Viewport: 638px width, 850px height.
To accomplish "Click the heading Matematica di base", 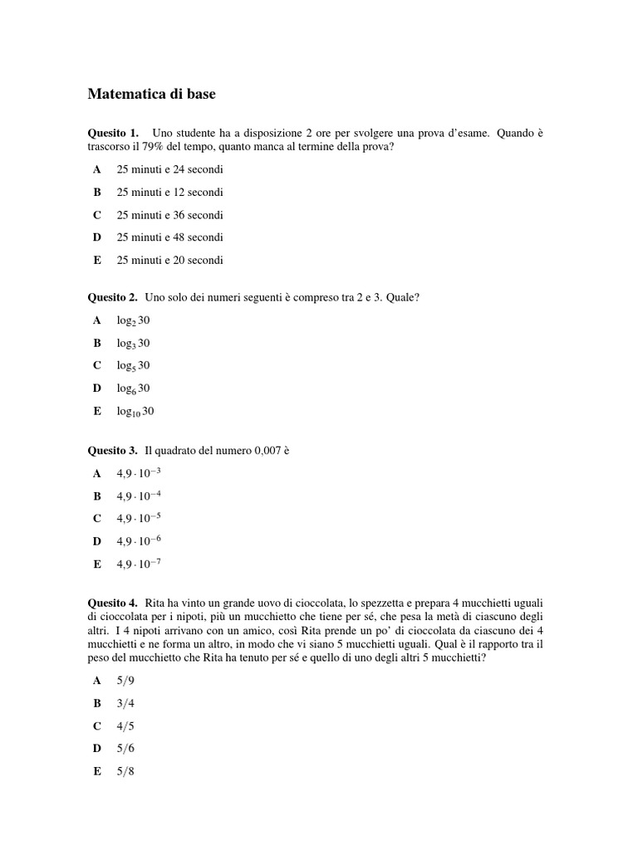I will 151,95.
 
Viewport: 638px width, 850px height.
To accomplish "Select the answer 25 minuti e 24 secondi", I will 169,169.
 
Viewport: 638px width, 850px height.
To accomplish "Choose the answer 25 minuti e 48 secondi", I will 169,237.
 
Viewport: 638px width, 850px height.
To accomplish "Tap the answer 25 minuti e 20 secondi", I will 169,260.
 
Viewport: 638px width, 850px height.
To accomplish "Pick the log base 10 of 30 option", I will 135,411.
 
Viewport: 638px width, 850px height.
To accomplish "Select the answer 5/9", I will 125,681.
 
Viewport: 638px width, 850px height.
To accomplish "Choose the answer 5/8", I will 125,771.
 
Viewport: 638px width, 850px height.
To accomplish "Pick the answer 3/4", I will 125,703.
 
